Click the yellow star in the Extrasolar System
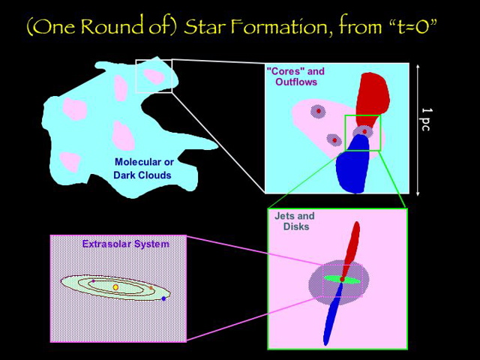(115, 287)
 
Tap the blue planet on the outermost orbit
(163, 298)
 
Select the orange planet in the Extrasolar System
(151, 288)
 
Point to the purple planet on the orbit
(93, 281)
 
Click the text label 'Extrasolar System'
(125, 244)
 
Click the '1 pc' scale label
(426, 121)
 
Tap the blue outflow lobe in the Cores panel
(353, 169)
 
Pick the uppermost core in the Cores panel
(319, 111)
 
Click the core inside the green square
(364, 131)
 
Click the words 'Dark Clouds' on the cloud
(142, 175)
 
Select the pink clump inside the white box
(154, 76)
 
